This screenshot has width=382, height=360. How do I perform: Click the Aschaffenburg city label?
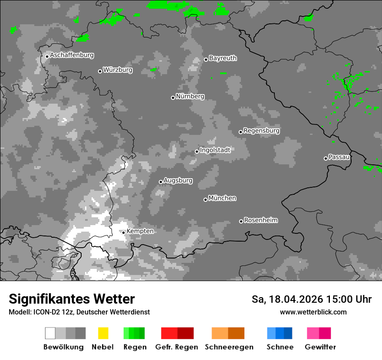point(72,55)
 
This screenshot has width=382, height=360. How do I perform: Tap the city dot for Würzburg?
point(100,71)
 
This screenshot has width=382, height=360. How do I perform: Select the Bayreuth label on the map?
point(223,58)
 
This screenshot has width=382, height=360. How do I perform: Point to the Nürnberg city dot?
point(173,98)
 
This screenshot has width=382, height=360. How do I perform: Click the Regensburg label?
point(261,131)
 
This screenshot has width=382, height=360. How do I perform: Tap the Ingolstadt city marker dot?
point(197,151)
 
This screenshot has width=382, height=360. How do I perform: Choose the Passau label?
point(339,157)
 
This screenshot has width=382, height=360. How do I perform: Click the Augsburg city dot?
point(161,182)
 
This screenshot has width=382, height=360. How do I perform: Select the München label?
point(222,198)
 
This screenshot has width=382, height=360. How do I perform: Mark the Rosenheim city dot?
point(241,221)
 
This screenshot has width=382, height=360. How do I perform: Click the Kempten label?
point(140,231)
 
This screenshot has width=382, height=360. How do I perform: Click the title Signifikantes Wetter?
point(72,299)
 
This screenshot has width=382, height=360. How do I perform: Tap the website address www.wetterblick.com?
point(313,312)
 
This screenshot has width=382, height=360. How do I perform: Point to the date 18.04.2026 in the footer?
point(296,299)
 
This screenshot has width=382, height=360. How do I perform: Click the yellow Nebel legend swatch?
point(103,333)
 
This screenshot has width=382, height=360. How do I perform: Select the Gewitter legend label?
point(320,347)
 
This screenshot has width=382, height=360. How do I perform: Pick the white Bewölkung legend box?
point(50,333)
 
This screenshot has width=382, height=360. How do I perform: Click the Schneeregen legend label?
point(228,347)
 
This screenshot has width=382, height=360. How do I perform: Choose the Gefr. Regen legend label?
point(177,347)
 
